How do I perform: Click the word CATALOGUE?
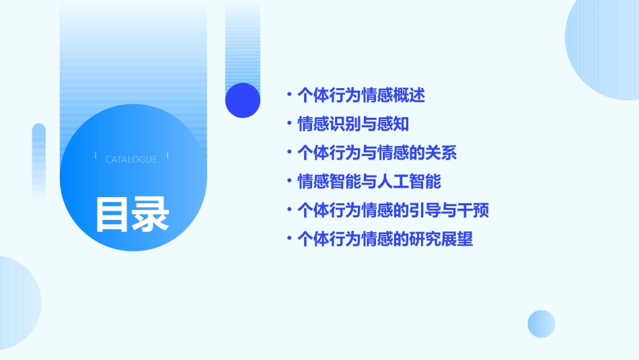tap(131, 159)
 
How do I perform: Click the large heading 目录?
tap(132, 214)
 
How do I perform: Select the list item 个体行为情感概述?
tap(361, 95)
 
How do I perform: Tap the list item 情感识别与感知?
tap(353, 124)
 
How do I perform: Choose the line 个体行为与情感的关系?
tap(377, 153)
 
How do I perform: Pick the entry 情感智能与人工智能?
tap(369, 182)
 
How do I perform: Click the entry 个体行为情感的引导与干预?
tap(393, 211)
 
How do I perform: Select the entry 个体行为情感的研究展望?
tap(385, 240)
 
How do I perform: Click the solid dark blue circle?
tap(243, 100)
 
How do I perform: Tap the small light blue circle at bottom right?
tap(541, 324)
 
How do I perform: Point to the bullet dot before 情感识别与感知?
tap(289, 124)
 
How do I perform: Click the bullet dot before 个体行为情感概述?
tap(289, 95)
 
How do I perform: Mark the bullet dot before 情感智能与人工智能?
tap(289, 182)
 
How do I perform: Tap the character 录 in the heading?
tap(151, 214)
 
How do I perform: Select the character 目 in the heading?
tap(112, 214)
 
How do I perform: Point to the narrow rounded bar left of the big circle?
tap(39, 161)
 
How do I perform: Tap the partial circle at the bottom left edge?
tap(17, 303)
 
